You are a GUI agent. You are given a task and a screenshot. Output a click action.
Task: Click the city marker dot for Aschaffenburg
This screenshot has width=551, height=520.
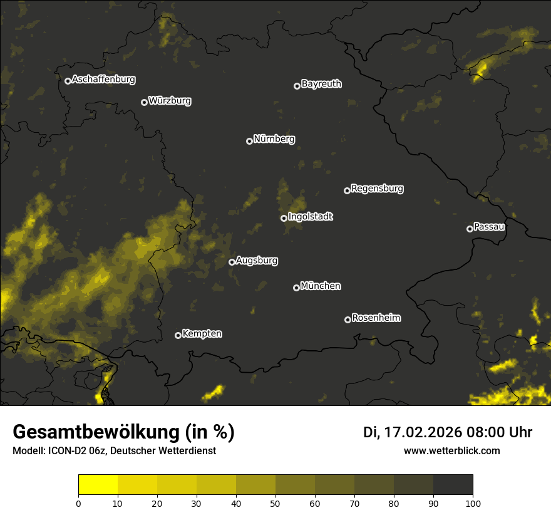pos(68,81)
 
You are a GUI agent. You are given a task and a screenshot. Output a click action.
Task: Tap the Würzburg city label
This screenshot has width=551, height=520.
pos(170,101)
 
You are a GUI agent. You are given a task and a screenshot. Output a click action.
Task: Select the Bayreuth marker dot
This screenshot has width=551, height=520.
pos(297,86)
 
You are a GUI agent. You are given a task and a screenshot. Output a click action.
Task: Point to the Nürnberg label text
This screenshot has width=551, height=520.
pos(274,139)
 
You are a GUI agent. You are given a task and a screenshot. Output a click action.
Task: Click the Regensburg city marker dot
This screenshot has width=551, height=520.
pos(347,190)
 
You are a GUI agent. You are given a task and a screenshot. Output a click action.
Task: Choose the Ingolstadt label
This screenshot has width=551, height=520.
pos(311,217)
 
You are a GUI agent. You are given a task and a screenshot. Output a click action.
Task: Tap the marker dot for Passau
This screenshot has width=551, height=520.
pos(470,229)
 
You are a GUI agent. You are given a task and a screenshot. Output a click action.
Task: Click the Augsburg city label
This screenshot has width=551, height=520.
pos(257,261)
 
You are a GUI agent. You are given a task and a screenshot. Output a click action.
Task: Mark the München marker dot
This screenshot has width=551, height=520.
pos(296,288)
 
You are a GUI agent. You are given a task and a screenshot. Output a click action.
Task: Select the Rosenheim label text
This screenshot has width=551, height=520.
pos(376,318)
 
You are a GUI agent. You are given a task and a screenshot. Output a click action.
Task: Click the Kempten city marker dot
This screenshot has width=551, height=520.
pos(178,335)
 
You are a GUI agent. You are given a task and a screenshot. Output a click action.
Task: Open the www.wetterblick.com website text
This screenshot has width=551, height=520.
pos(451,450)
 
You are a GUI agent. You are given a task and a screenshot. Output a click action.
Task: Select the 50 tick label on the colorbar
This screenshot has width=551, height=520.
pos(275,502)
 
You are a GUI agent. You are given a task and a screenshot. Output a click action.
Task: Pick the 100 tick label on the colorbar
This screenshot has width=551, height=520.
pos(473,502)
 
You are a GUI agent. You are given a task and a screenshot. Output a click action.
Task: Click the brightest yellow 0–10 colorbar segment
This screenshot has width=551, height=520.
pos(98,485)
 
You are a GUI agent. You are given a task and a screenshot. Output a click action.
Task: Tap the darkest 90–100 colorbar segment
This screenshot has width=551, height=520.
pos(453,485)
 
